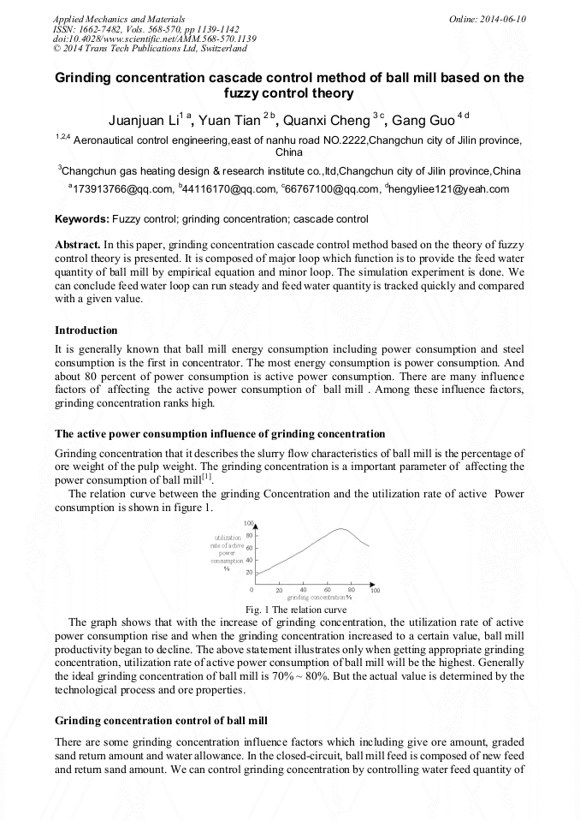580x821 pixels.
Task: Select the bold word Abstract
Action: pyautogui.click(x=80, y=245)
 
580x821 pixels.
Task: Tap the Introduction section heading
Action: pyautogui.click(x=86, y=330)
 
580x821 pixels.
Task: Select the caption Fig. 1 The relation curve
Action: pyautogui.click(x=296, y=609)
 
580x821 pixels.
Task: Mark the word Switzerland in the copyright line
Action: pyautogui.click(x=216, y=49)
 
